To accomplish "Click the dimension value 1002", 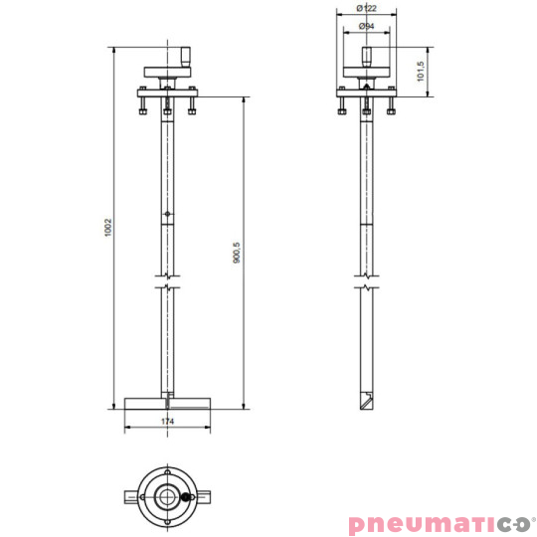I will click(108, 228).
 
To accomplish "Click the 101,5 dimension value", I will click(421, 70).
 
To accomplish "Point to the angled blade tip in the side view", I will click(366, 403).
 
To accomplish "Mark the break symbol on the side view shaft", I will click(366, 285).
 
